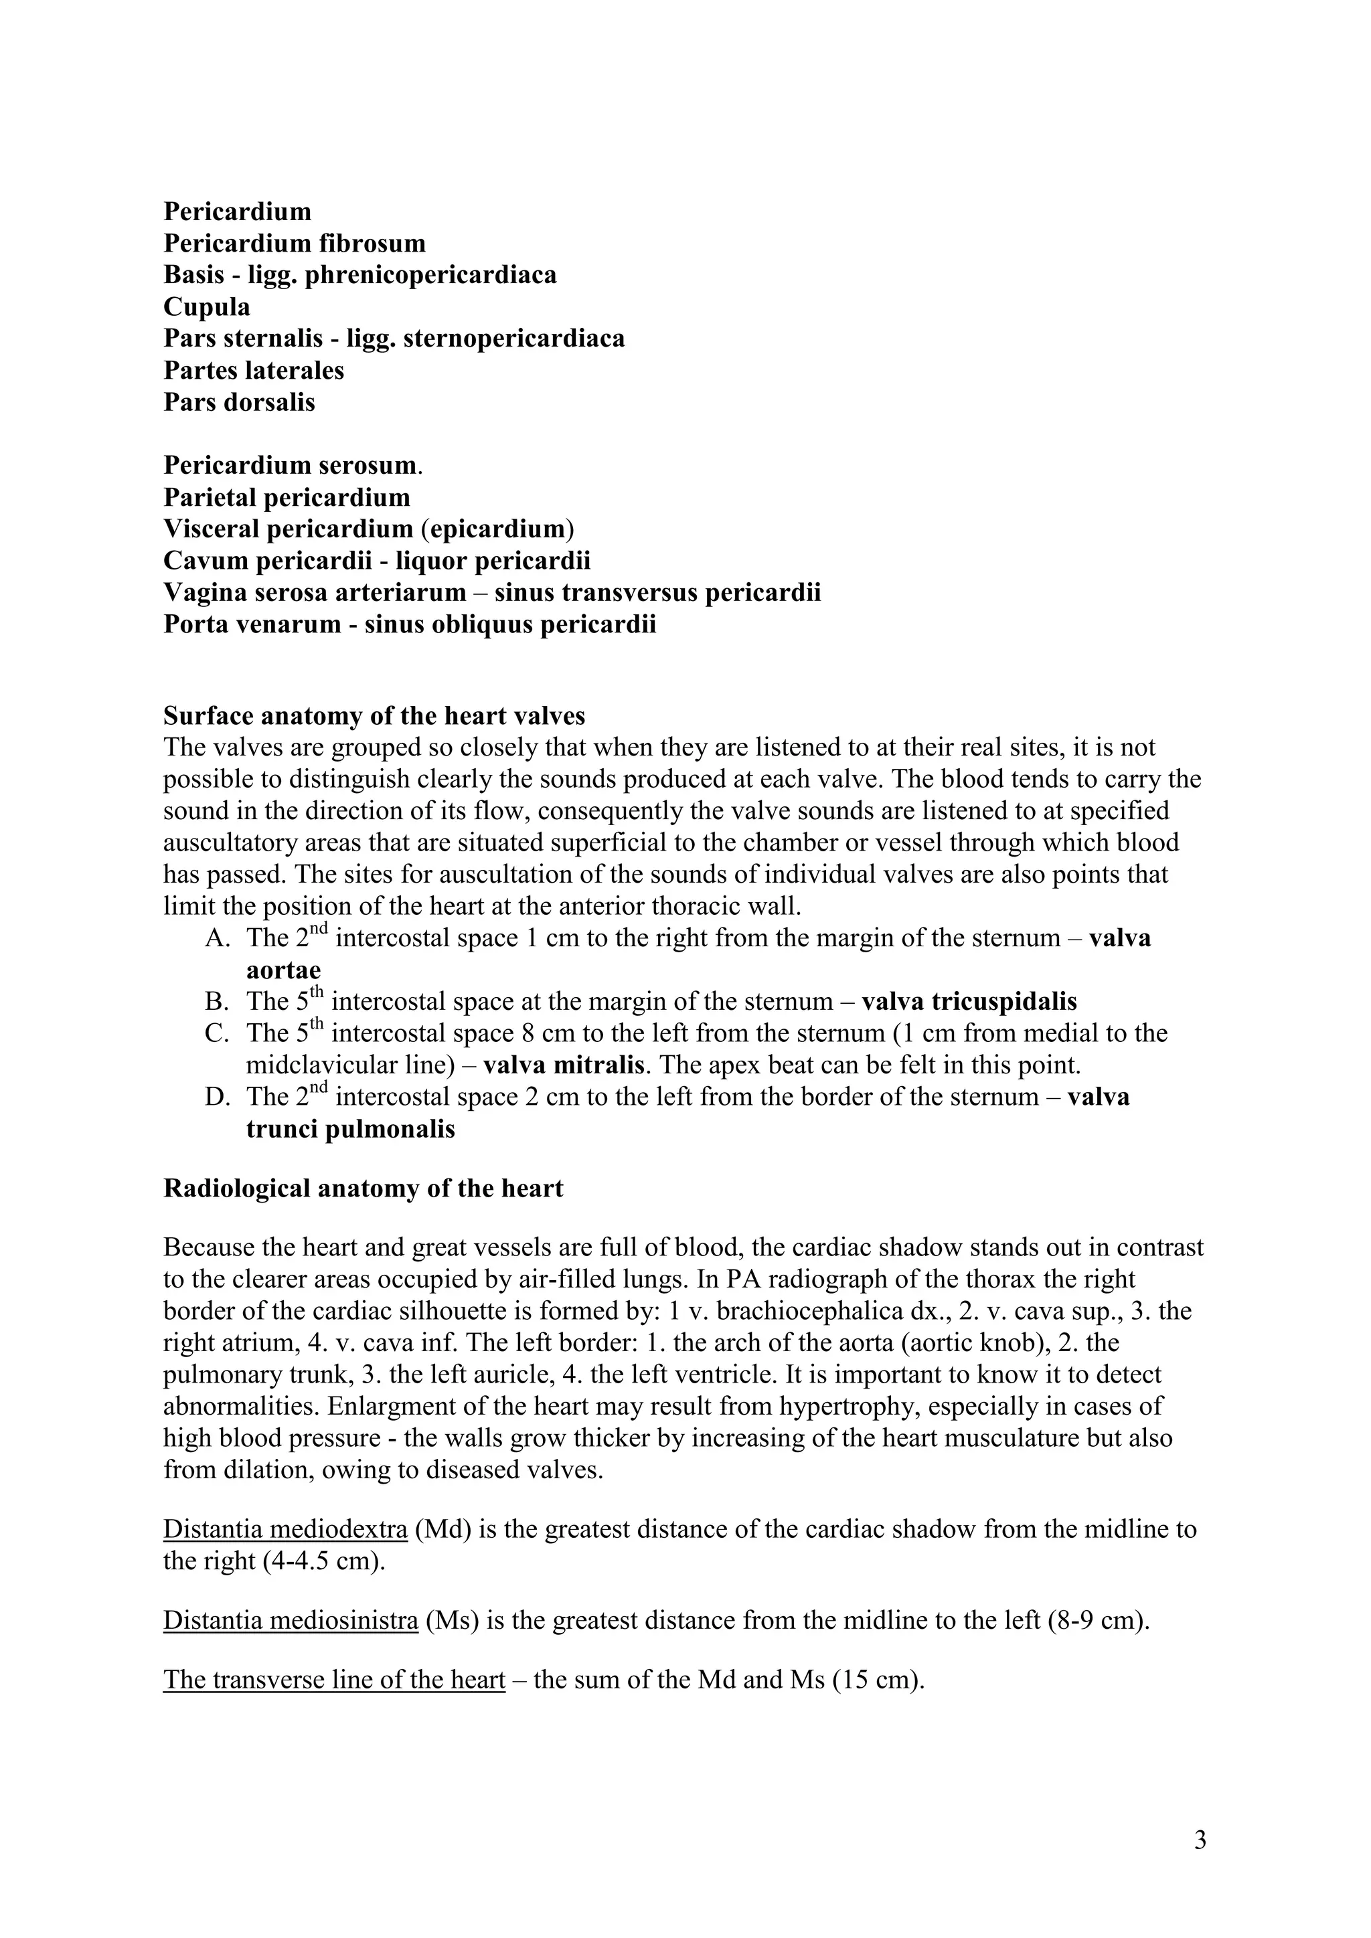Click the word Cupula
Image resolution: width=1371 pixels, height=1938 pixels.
[x=207, y=306]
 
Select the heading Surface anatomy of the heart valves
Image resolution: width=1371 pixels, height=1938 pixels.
[x=374, y=716]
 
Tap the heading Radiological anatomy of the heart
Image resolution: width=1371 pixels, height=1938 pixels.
[x=363, y=1188]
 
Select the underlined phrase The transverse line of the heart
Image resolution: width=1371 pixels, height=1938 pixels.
[x=334, y=1679]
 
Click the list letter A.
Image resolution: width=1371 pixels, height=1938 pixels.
[x=214, y=938]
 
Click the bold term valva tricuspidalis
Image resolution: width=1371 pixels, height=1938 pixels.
[x=969, y=1001]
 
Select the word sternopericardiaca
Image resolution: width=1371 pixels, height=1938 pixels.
[x=514, y=339]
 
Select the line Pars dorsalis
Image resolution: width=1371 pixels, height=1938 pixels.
[x=239, y=402]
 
